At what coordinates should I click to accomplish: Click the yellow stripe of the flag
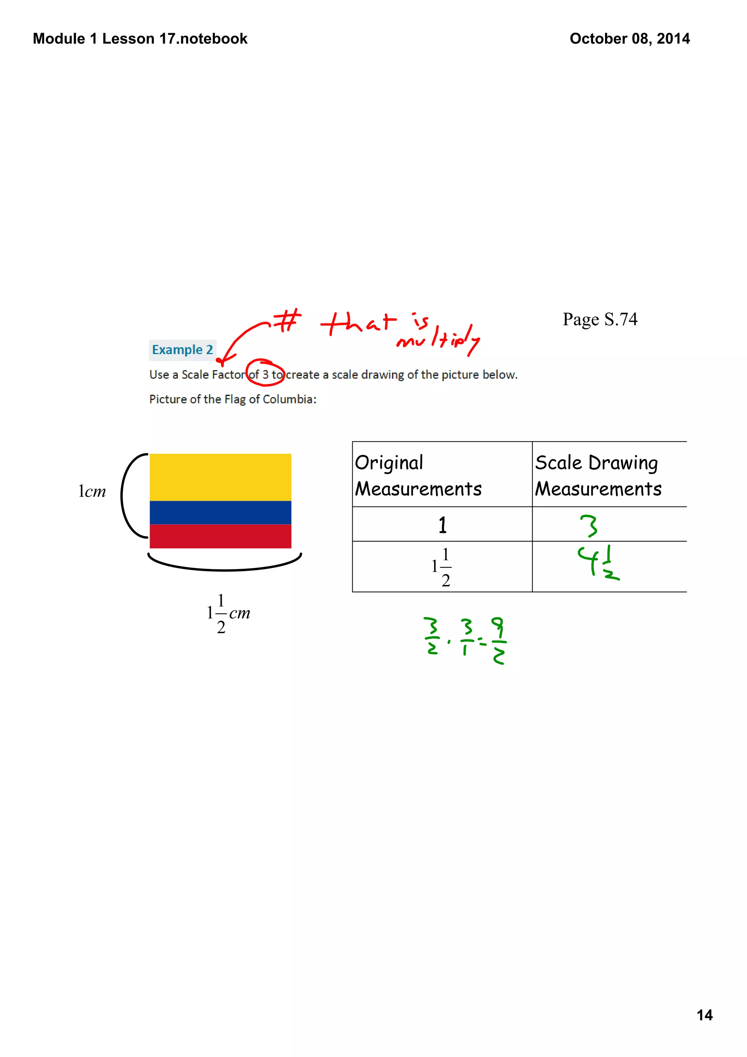220,477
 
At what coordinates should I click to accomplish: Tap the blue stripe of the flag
220,512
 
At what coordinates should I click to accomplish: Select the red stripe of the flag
220,536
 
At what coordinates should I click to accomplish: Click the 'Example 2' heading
182,350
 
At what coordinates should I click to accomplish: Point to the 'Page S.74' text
600,319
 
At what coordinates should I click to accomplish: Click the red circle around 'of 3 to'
265,372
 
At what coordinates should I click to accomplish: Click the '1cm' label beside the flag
92,492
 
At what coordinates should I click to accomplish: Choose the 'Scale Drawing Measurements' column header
598,475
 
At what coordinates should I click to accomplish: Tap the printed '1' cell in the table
442,525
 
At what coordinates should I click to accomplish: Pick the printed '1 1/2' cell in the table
442,567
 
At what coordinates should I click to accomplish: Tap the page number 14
704,1015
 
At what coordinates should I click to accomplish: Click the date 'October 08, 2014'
630,39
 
